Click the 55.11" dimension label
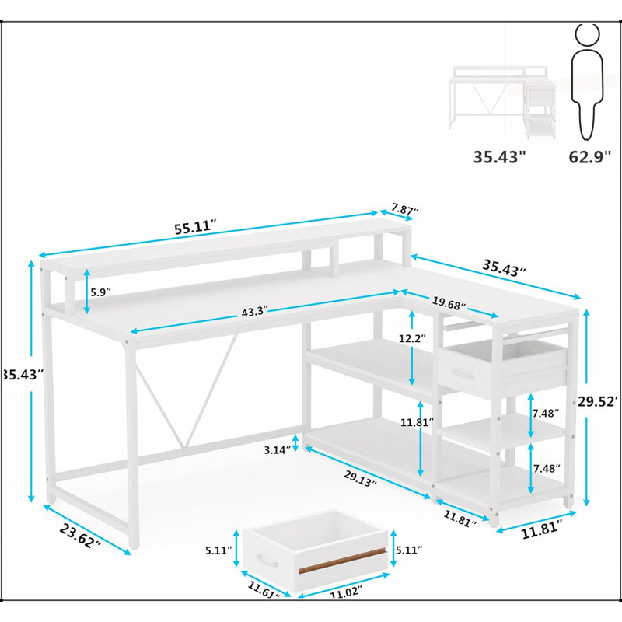pos(196,227)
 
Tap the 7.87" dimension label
pos(404,208)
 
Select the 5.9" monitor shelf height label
pos(100,292)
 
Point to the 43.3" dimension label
pos(255,312)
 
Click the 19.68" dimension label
pos(449,303)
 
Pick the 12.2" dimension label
pos(412,338)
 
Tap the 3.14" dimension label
pos(277,450)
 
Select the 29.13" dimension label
pos(360,479)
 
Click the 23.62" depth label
pos(80,535)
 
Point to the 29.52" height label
pos(597,401)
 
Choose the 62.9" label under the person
pos(590,157)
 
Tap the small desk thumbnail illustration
pos(502,103)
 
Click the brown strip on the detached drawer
pos(342,561)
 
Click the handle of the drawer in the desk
pos(463,374)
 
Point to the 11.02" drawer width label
pos(346,592)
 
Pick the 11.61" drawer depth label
pos(264,589)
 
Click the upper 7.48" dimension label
pos(546,414)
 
